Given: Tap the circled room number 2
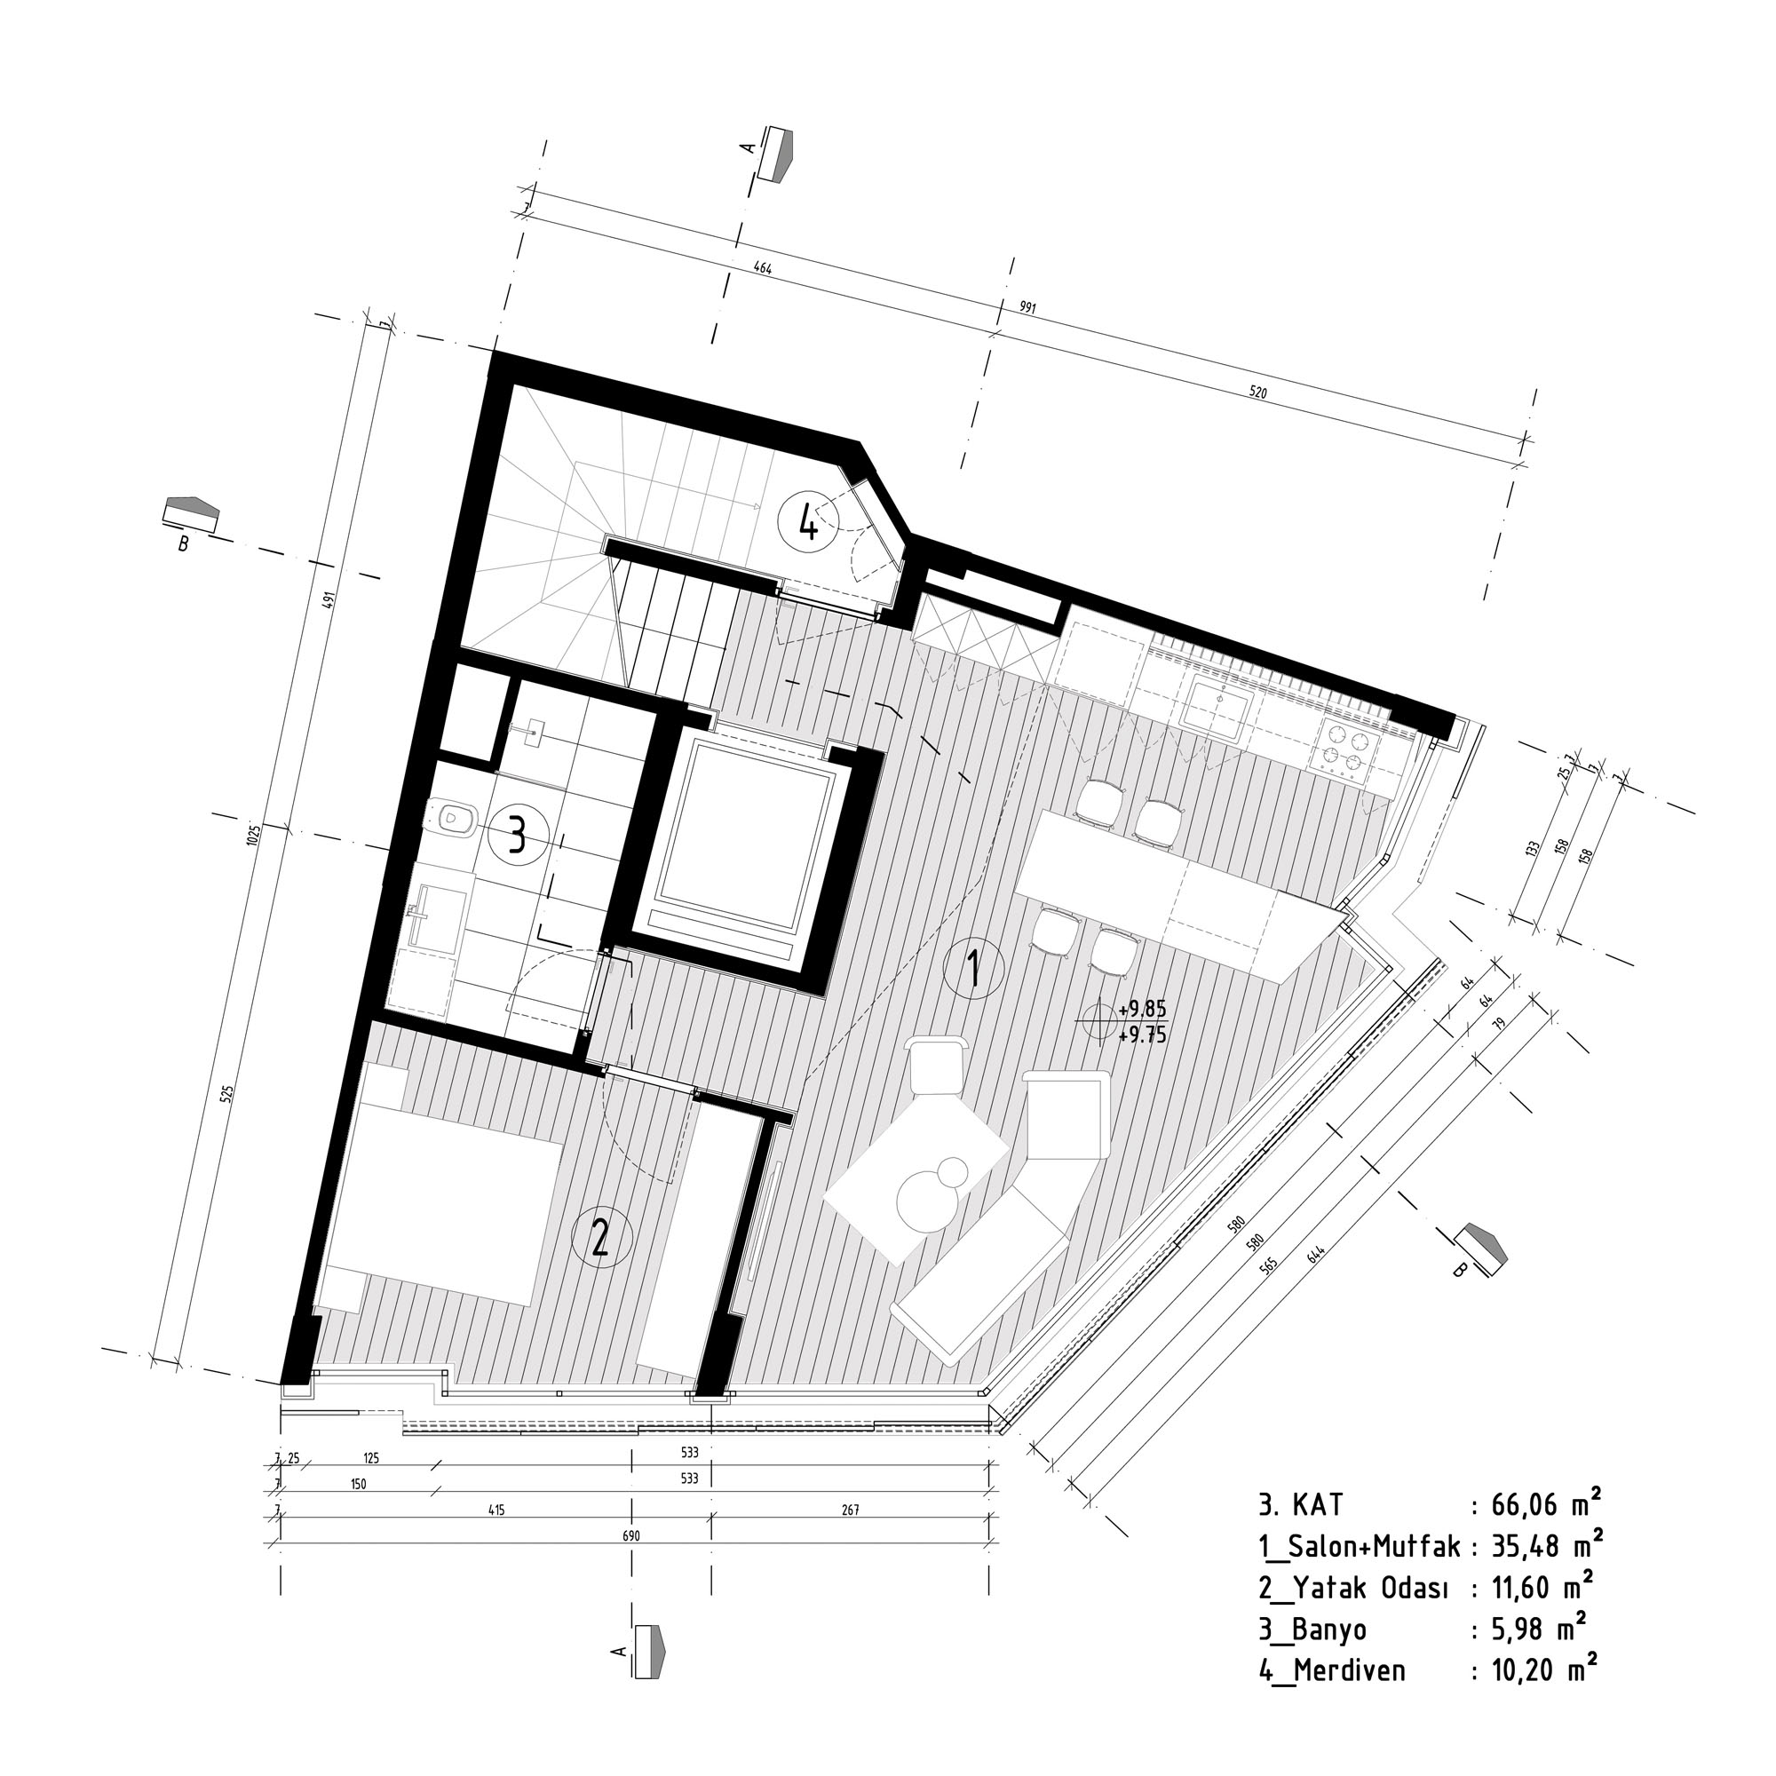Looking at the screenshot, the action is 602,1238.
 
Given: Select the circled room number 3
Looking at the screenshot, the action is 519,837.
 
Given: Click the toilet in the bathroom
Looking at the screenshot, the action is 452,818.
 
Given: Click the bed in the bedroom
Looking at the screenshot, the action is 441,1195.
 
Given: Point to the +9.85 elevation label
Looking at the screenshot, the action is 1142,1012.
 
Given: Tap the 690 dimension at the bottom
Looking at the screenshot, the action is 630,1535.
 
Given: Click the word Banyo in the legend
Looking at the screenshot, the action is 1329,1629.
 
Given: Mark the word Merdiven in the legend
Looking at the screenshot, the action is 1350,1670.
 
